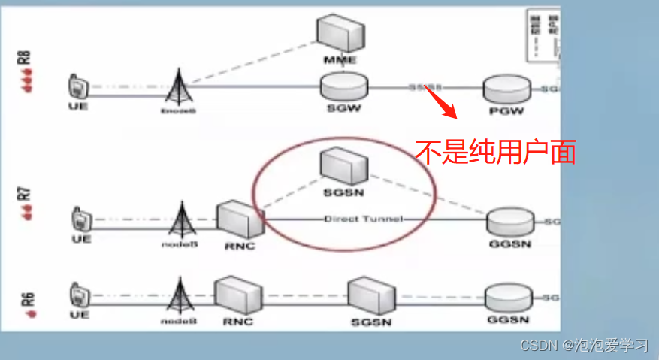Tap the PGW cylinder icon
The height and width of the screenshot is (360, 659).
[x=505, y=89]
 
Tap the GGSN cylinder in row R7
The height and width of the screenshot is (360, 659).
[x=511, y=222]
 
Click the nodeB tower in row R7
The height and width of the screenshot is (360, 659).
[x=180, y=219]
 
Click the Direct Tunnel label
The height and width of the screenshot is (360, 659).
[x=363, y=219]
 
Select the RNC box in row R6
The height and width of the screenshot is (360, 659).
[x=238, y=295]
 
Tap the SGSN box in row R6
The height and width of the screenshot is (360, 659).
[x=371, y=298]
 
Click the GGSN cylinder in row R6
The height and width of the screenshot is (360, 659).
[x=509, y=298]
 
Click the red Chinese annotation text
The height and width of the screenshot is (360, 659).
[x=496, y=153]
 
